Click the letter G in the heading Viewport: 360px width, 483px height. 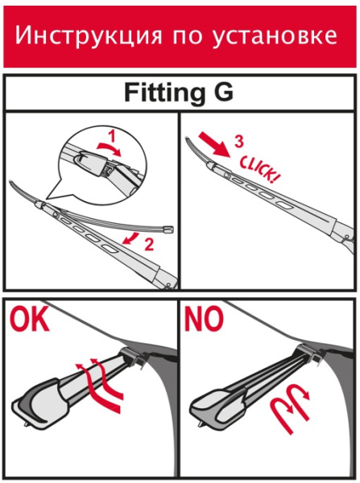pos(223,92)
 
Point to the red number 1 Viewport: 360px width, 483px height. pos(112,136)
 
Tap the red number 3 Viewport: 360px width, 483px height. pos(239,141)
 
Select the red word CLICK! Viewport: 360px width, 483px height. pos(258,169)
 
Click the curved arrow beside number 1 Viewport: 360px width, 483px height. pos(109,148)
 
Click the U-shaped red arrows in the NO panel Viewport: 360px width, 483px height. pos(291,404)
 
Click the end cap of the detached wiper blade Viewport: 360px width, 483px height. pos(168,229)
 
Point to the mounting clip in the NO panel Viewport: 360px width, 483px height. pos(310,354)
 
